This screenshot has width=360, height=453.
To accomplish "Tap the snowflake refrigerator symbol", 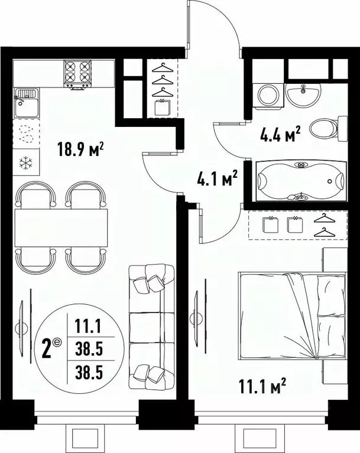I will point(25,162).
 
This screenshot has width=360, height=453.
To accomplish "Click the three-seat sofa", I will point(151,322).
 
